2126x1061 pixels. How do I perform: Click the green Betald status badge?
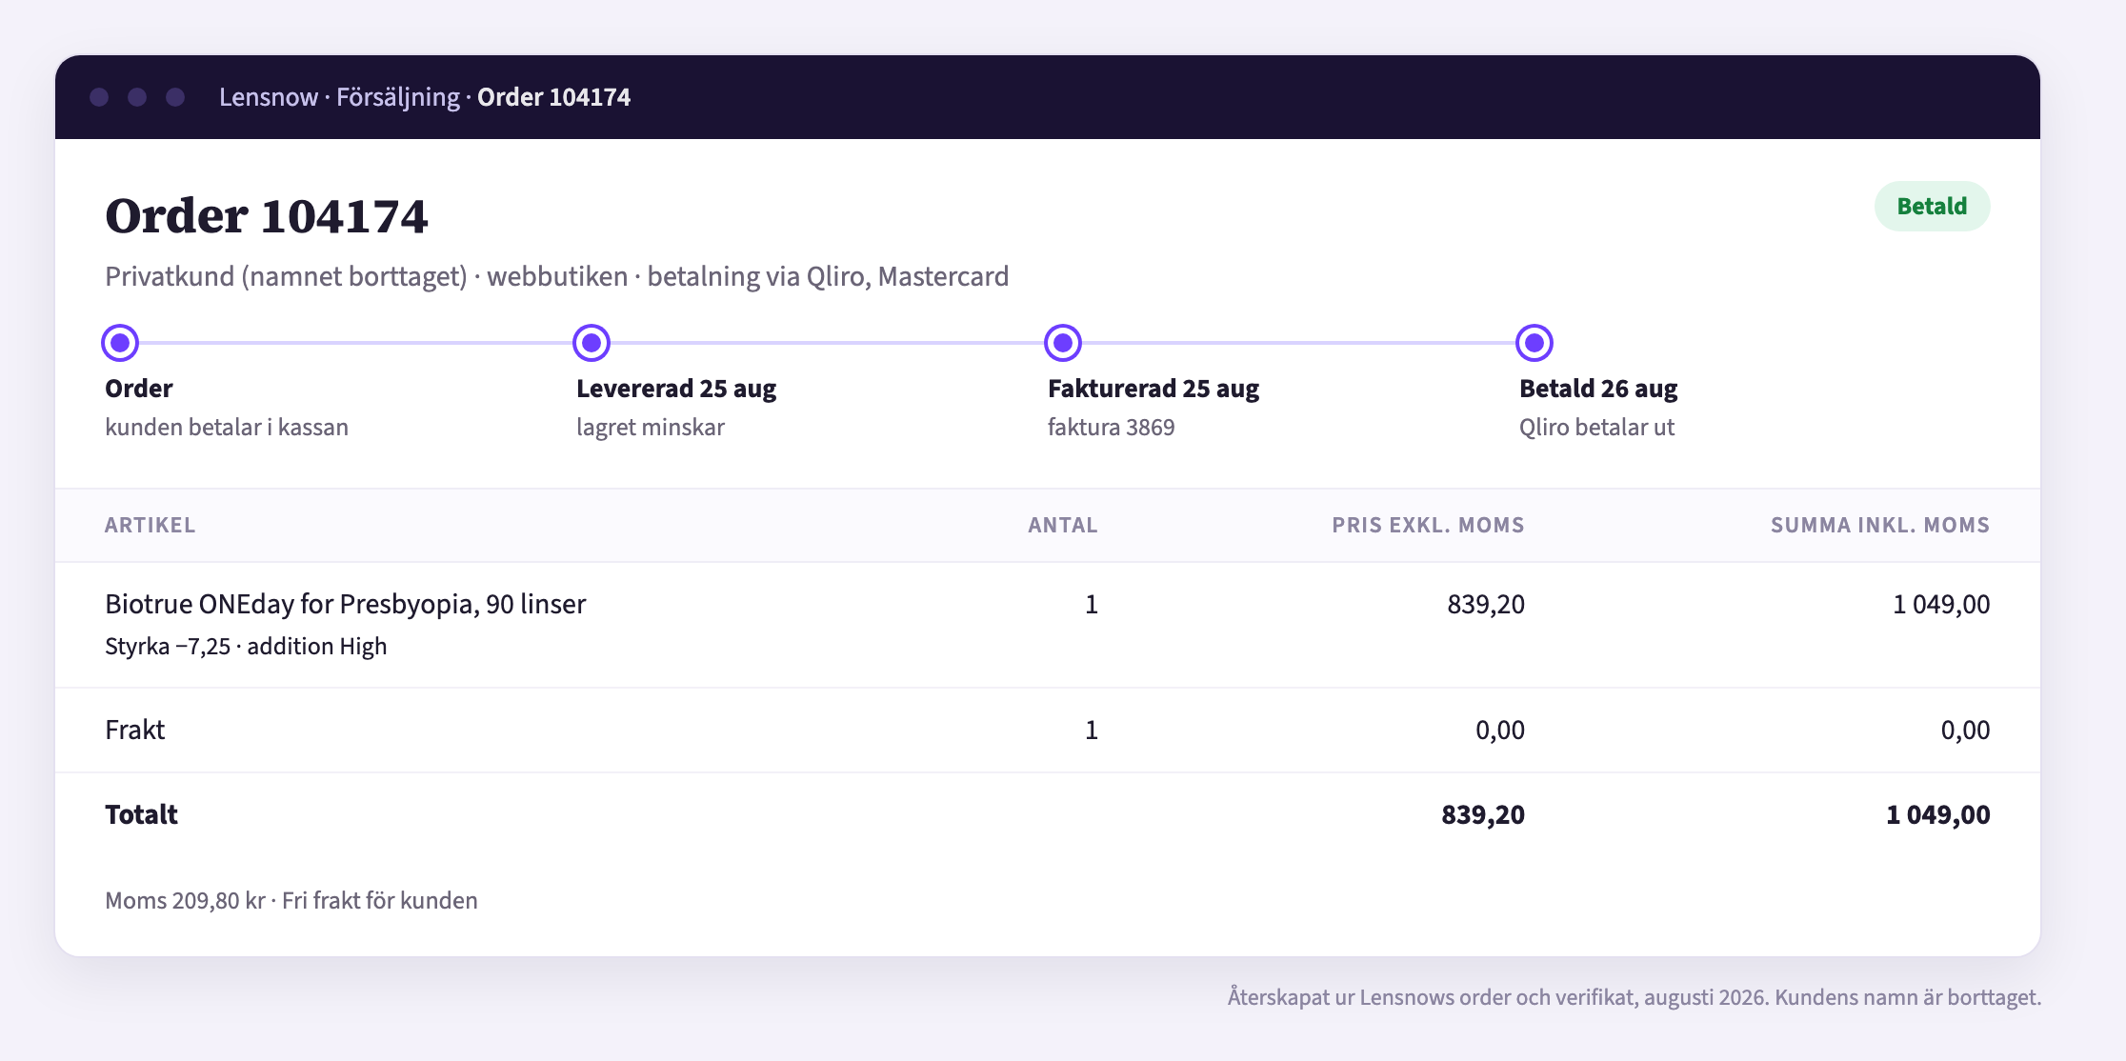click(x=1932, y=207)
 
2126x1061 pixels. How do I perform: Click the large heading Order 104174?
click(x=267, y=216)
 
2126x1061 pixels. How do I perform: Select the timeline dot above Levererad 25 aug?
click(x=592, y=343)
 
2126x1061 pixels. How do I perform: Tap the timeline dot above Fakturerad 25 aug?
click(x=1063, y=343)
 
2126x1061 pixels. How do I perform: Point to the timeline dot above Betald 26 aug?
click(x=1534, y=343)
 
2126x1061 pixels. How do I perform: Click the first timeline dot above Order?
click(x=120, y=343)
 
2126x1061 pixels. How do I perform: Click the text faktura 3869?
click(x=1111, y=428)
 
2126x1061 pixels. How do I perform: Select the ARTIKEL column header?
click(x=150, y=525)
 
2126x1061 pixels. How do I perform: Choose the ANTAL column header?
click(x=1063, y=525)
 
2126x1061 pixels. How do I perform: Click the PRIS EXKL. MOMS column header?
click(x=1428, y=525)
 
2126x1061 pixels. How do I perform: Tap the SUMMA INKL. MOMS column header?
click(x=1880, y=525)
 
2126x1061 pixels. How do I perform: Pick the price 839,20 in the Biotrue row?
click(x=1486, y=604)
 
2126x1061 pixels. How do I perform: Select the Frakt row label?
click(x=134, y=730)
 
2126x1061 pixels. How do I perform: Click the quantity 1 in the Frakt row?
click(x=1092, y=730)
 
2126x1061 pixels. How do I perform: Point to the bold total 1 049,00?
click(x=1937, y=814)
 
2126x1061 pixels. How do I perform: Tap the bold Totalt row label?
click(x=141, y=814)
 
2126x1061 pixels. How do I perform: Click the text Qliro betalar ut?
click(x=1596, y=428)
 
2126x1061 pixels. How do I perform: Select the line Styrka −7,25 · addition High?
click(x=246, y=647)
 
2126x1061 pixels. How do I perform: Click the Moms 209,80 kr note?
click(x=185, y=901)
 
